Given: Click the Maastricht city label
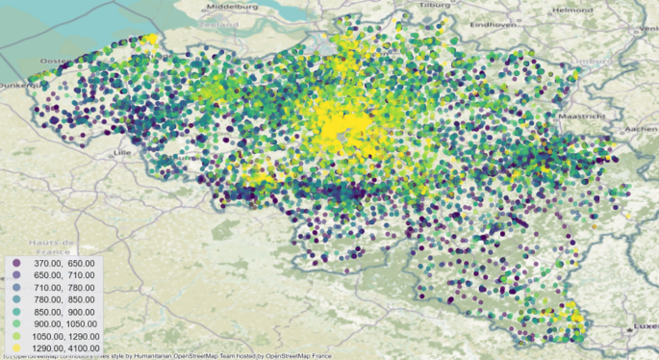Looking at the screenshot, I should point(582,116).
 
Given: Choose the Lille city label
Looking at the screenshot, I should point(121,152).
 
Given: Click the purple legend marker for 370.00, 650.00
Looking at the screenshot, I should point(16,263).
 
